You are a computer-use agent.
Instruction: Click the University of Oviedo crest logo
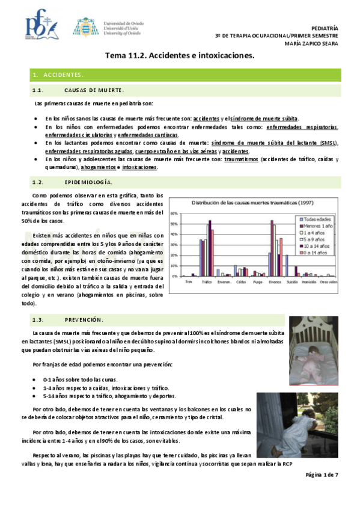coord(83,27)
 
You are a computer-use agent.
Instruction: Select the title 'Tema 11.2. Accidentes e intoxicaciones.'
coord(180,56)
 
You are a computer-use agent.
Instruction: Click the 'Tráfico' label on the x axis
coord(206,281)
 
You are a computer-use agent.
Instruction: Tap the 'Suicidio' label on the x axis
coord(291,281)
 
